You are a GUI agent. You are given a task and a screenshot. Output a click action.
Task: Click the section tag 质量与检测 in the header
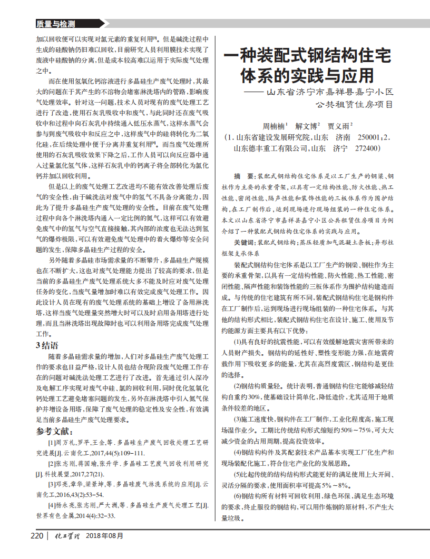[56, 24]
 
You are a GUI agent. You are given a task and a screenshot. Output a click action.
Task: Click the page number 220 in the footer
[37, 536]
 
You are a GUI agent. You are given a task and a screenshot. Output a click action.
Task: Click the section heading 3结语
[47, 345]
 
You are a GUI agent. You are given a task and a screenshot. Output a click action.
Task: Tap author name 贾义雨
[339, 126]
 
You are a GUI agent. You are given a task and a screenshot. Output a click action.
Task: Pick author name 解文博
[307, 126]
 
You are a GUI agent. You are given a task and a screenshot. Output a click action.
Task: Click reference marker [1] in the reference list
[52, 443]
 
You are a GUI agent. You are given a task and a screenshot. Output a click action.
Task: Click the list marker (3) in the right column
[239, 419]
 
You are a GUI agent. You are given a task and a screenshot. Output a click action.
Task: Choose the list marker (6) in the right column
[239, 496]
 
